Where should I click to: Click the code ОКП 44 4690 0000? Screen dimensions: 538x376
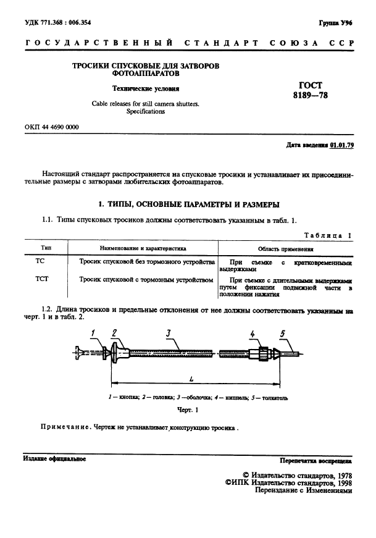tap(52, 127)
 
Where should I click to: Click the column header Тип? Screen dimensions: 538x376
tap(40, 248)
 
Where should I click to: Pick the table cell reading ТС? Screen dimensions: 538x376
tap(40, 262)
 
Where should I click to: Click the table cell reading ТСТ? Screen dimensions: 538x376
tap(40, 280)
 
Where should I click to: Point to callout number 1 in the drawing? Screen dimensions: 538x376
tap(93, 333)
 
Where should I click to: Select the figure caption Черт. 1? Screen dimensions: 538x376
tap(188, 410)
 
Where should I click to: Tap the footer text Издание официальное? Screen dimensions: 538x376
tap(54, 459)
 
